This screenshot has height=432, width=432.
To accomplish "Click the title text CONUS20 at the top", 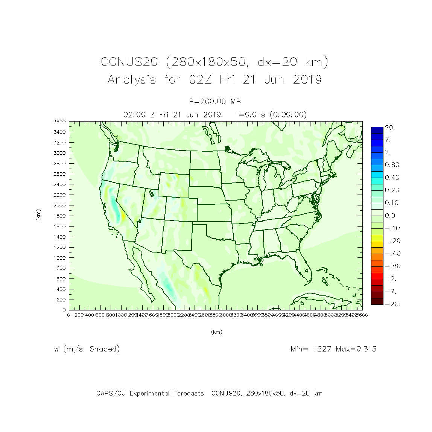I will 129,62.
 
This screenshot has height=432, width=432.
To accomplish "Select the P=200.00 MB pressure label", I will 215,102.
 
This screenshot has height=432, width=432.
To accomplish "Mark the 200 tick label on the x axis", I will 79,315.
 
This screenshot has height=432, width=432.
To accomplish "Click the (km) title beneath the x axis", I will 216,332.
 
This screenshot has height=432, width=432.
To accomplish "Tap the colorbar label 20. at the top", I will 390,128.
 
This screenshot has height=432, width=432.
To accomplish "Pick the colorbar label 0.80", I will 392,165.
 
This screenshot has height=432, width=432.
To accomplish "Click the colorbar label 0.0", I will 390,216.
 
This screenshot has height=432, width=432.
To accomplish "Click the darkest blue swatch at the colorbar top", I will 377,130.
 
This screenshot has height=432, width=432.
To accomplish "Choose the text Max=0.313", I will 356,349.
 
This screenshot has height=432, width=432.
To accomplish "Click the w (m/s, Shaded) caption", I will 87,349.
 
